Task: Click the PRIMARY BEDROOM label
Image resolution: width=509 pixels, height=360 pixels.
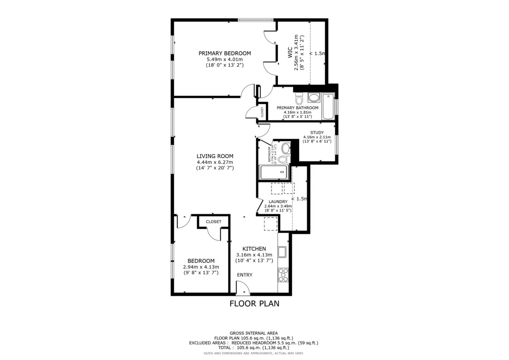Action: [x=224, y=53]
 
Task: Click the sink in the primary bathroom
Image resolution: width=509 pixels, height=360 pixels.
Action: [x=314, y=98]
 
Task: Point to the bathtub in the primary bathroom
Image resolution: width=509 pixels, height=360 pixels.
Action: [x=328, y=106]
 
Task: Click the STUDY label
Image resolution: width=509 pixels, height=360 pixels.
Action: [x=317, y=133]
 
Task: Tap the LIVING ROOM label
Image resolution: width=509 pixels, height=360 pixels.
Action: [x=215, y=156]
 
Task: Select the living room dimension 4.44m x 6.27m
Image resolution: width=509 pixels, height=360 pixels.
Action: [x=215, y=162]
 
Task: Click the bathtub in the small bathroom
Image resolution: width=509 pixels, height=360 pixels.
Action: [x=274, y=173]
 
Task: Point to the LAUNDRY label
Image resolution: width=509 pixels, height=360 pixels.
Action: [x=278, y=202]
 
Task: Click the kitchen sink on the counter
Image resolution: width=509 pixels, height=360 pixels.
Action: [x=282, y=252]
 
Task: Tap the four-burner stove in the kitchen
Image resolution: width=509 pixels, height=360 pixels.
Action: [x=283, y=275]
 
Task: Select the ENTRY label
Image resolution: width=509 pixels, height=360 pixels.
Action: [x=244, y=275]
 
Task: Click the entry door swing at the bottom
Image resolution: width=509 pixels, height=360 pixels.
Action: [x=243, y=290]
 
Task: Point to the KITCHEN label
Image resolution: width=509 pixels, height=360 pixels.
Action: [x=254, y=249]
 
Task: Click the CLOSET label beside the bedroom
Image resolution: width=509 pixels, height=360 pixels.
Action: [x=213, y=222]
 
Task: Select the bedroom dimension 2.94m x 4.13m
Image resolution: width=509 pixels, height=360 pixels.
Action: [x=201, y=267]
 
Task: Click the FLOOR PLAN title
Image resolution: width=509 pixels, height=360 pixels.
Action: [x=254, y=304]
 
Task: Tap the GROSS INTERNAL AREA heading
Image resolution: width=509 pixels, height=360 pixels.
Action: [x=254, y=333]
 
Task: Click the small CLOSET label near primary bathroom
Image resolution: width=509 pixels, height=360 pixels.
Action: [x=262, y=112]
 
